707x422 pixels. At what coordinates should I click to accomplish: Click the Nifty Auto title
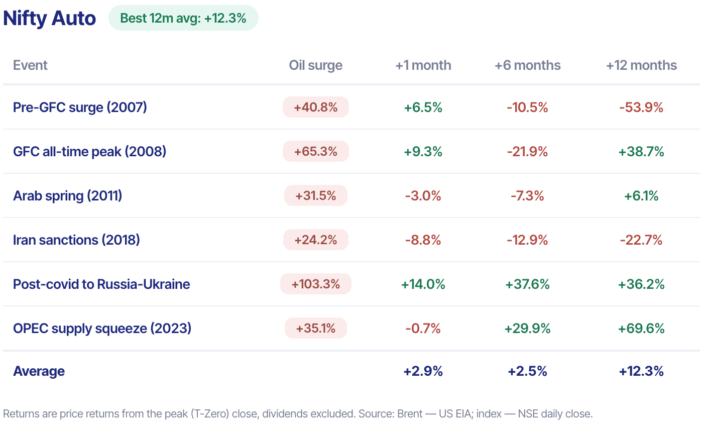[49, 18]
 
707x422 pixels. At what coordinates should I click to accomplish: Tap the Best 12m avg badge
[183, 18]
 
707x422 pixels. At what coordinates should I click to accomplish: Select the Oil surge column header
[316, 65]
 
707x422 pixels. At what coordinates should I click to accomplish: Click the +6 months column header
[527, 65]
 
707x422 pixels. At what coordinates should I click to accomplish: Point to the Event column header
[30, 65]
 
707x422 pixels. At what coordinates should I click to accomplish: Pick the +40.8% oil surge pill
[316, 107]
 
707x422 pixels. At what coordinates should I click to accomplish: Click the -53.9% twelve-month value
[641, 108]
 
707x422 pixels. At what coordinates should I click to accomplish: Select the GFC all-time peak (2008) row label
[90, 152]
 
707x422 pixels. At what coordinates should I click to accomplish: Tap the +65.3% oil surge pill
[316, 151]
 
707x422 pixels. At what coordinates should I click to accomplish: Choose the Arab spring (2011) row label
[68, 196]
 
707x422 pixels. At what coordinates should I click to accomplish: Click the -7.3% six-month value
[527, 196]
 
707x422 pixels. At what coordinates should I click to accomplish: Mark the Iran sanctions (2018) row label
[76, 240]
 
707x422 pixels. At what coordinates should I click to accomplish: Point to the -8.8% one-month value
[423, 240]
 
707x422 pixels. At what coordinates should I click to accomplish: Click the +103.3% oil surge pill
[316, 284]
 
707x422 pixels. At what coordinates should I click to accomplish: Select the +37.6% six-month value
[527, 284]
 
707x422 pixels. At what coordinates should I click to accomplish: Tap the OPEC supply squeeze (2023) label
[102, 329]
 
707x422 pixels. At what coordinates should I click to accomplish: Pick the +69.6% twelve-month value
[641, 329]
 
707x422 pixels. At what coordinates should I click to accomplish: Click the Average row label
[39, 371]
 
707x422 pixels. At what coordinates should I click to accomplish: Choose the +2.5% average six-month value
[527, 371]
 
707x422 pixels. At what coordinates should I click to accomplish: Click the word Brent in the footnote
[409, 414]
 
